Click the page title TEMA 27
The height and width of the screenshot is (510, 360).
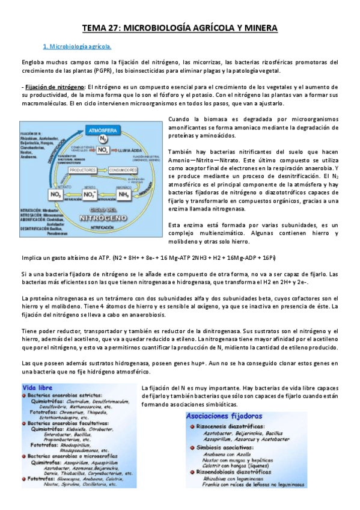[180, 28]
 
